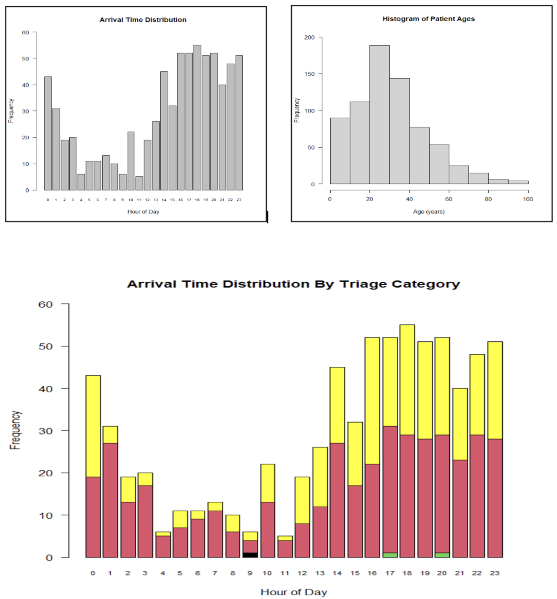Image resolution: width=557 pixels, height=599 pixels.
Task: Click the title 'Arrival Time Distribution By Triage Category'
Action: click(x=293, y=284)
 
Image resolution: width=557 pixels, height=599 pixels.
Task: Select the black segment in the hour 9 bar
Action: click(x=250, y=555)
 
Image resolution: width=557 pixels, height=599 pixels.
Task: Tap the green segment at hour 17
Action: click(x=390, y=555)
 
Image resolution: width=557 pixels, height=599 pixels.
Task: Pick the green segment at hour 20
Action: click(x=442, y=555)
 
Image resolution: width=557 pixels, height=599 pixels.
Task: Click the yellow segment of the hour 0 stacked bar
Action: click(x=93, y=426)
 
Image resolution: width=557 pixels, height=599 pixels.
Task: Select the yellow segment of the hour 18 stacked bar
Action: click(x=407, y=379)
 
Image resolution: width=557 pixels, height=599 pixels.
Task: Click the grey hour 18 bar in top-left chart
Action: click(x=197, y=118)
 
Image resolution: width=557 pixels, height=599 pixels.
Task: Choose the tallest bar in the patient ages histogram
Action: click(x=379, y=115)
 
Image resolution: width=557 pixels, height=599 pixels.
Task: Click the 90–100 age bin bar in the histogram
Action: click(x=518, y=182)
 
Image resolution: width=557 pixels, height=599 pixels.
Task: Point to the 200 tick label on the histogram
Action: click(x=309, y=37)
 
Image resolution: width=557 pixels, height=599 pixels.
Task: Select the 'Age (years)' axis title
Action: click(x=429, y=212)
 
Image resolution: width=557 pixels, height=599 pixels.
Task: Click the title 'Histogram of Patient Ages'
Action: click(x=428, y=19)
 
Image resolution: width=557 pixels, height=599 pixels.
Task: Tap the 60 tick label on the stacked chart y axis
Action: click(x=45, y=304)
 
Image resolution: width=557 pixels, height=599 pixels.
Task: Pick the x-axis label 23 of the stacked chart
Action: click(x=494, y=573)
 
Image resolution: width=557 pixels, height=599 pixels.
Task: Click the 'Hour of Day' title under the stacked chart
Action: click(x=293, y=592)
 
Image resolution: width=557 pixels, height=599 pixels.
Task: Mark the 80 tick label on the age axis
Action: click(x=488, y=199)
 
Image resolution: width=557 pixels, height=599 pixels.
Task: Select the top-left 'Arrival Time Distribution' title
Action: click(x=143, y=20)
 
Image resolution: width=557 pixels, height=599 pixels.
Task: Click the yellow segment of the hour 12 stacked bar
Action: click(x=302, y=500)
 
